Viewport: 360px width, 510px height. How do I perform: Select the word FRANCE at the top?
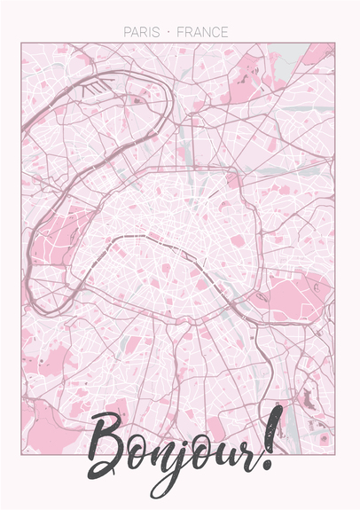pos(203,32)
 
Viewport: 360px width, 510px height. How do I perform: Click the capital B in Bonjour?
pos(111,448)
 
